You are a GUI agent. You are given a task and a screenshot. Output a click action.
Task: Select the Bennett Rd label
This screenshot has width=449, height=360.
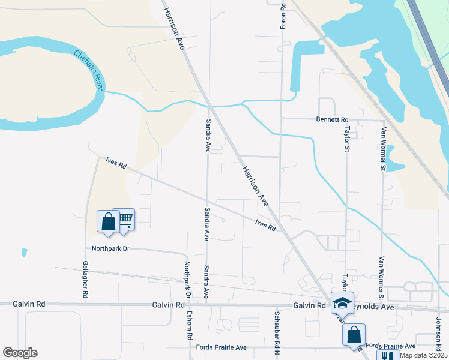pyautogui.click(x=332, y=119)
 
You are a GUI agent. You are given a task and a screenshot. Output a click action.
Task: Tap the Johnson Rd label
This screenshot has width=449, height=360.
pyautogui.click(x=439, y=331)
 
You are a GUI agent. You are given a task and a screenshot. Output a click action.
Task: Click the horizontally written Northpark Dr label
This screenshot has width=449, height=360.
pyautogui.click(x=110, y=248)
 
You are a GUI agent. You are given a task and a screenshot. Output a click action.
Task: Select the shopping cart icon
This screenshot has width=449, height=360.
pyautogui.click(x=125, y=218)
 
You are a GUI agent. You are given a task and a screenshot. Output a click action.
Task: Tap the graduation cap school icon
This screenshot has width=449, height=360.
pyautogui.click(x=342, y=303)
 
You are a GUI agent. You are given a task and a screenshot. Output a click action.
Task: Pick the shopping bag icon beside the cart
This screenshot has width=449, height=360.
pyautogui.click(x=108, y=221)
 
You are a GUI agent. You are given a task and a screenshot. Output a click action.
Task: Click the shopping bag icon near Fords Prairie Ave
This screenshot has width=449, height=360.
pyautogui.click(x=354, y=334)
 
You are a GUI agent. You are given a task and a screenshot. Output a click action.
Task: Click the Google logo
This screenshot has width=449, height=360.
pyautogui.click(x=20, y=353)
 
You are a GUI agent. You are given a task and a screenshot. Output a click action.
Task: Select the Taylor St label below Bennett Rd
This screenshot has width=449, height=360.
pyautogui.click(x=346, y=139)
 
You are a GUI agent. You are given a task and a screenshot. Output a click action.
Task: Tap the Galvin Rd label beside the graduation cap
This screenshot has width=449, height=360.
pyautogui.click(x=309, y=305)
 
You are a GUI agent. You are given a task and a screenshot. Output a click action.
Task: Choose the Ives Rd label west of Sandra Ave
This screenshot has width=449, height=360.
pyautogui.click(x=116, y=164)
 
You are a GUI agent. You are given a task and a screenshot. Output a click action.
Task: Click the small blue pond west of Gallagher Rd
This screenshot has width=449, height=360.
pyautogui.click(x=24, y=253)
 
